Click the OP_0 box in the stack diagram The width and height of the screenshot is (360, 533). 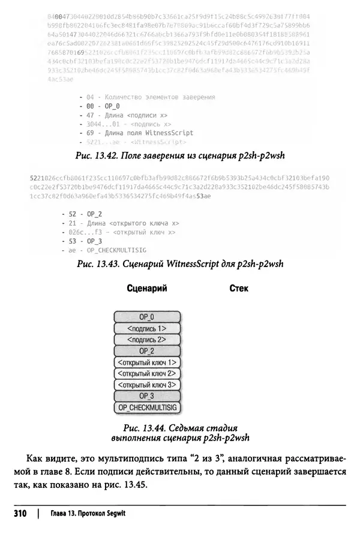(x=146, y=317)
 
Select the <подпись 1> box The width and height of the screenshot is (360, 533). (x=146, y=328)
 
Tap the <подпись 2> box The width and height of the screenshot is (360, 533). (x=146, y=340)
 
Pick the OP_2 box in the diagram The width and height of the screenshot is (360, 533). (x=146, y=351)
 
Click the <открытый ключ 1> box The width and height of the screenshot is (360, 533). (x=146, y=363)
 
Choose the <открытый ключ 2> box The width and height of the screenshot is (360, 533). (x=146, y=374)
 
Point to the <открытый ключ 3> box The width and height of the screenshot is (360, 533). (x=146, y=385)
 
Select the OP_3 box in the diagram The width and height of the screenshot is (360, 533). (x=146, y=397)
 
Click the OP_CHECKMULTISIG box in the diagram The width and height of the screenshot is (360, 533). (x=146, y=408)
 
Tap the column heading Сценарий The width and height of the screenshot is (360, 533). (x=146, y=289)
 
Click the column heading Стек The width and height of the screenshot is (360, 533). (x=239, y=289)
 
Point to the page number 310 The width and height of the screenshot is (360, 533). (x=20, y=514)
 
